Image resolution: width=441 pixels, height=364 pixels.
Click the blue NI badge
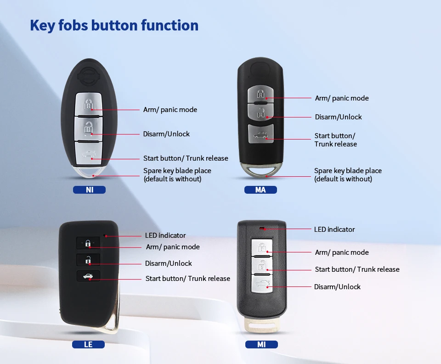pyautogui.click(x=89, y=190)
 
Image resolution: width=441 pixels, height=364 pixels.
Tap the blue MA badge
pyautogui.click(x=260, y=190)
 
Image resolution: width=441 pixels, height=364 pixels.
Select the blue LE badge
pyautogui.click(x=88, y=344)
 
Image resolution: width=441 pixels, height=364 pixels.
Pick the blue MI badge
pyautogui.click(x=261, y=344)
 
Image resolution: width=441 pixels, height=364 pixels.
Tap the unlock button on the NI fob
pyautogui.click(x=89, y=128)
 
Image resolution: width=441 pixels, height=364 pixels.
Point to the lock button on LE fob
pyautogui.click(x=88, y=244)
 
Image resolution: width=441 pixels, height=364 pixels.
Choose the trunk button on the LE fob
pyautogui.click(x=88, y=276)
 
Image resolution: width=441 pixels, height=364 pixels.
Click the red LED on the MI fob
pyautogui.click(x=262, y=228)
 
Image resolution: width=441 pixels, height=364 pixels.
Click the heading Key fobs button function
pyautogui.click(x=114, y=25)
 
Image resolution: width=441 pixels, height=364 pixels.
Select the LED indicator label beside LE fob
pyautogui.click(x=165, y=235)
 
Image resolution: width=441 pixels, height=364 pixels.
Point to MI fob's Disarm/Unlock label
pyautogui.click(x=337, y=287)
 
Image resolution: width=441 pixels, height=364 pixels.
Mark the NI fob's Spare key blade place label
pyautogui.click(x=177, y=175)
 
